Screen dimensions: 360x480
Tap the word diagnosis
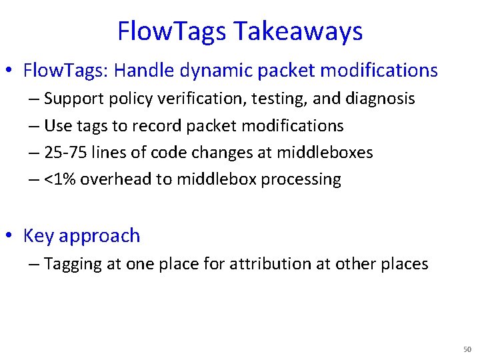point(381,99)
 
